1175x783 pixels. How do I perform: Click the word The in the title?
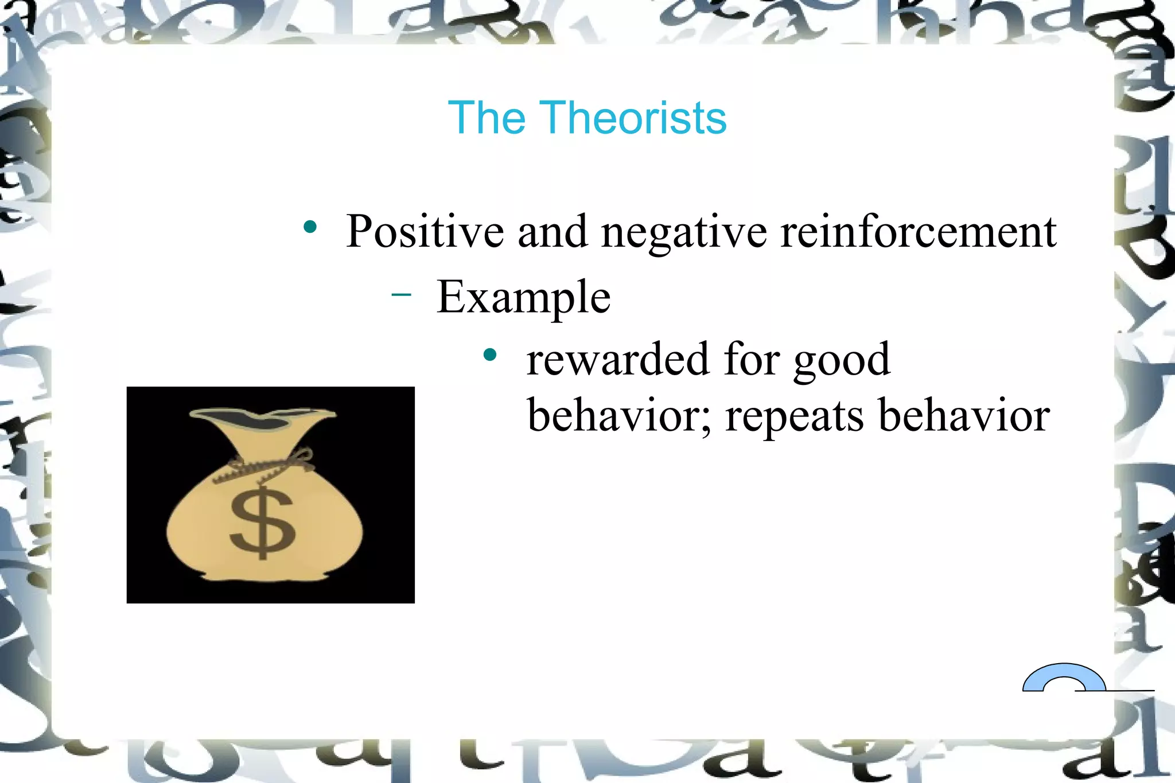pos(487,118)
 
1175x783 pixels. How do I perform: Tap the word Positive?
pos(425,232)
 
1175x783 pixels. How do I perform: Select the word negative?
pos(683,233)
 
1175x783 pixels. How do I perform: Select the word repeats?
pos(795,416)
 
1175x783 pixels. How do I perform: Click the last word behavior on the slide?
pos(964,415)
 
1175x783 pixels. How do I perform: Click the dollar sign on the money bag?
pos(262,523)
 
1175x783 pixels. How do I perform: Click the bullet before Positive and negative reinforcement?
pos(310,227)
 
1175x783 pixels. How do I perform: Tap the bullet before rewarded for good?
pos(489,355)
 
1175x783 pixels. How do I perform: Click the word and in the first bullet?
pos(553,232)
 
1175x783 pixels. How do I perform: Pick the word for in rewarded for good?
pos(752,360)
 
